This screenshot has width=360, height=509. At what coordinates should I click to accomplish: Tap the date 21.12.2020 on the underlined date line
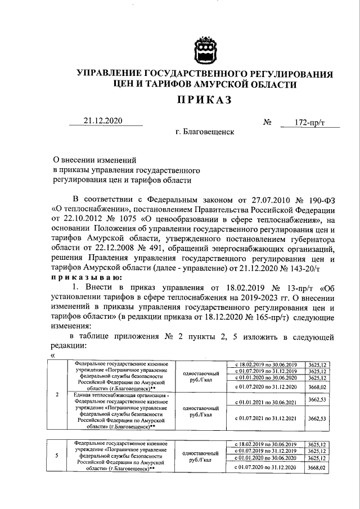pyautogui.click(x=103, y=121)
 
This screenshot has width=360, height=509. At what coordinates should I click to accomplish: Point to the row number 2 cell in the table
pyautogui.click(x=58, y=409)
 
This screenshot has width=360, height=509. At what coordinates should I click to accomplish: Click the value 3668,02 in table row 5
pyautogui.click(x=318, y=467)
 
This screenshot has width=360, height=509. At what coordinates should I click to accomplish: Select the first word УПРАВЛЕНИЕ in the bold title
pyautogui.click(x=114, y=74)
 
